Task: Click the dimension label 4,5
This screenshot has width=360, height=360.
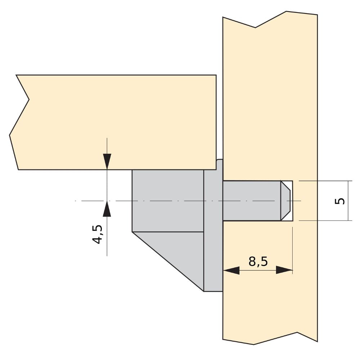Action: click(x=97, y=234)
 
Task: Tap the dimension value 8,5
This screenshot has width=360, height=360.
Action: click(x=258, y=261)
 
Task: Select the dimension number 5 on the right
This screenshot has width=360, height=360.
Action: click(x=340, y=201)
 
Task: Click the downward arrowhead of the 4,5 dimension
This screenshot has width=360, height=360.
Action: click(x=107, y=162)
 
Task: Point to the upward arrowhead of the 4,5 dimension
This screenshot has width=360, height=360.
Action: click(x=107, y=209)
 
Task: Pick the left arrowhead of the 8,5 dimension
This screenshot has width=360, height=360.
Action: click(x=231, y=270)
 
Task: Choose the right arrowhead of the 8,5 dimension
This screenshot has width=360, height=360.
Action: click(x=284, y=270)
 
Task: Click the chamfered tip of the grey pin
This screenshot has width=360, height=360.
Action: click(x=285, y=201)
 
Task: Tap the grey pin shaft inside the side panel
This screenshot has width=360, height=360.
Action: click(x=252, y=201)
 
